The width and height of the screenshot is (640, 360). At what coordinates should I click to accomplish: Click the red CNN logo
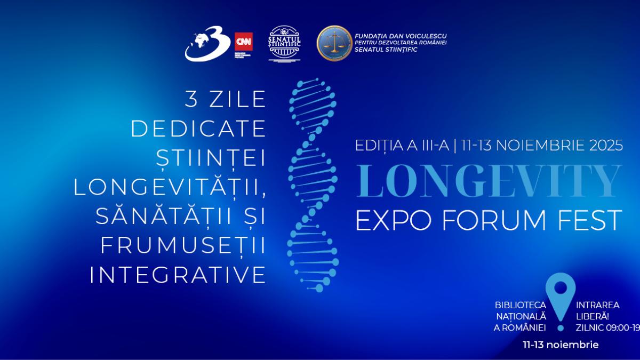click(x=244, y=42)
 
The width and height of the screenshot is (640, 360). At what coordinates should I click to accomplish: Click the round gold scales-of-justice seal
click(x=334, y=43)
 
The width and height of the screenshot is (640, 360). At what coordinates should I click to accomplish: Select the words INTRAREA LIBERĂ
click(x=597, y=310)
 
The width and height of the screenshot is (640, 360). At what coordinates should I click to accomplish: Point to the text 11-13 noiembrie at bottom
click(x=561, y=345)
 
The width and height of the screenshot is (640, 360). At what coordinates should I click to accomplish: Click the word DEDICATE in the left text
click(x=198, y=128)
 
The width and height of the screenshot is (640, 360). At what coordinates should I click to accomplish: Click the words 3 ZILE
click(x=225, y=99)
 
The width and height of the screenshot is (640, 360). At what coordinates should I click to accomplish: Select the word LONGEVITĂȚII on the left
click(x=170, y=187)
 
